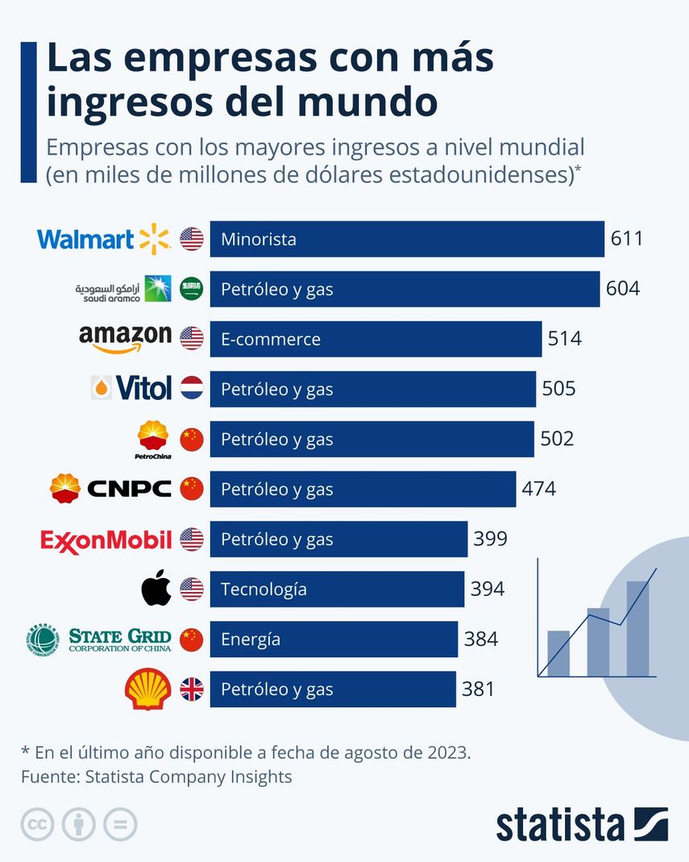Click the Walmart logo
(104, 239)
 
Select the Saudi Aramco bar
(405, 289)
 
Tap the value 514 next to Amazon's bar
(564, 339)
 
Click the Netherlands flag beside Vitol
(192, 389)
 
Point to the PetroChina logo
(153, 439)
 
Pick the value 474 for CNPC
(538, 489)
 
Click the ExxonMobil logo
(106, 539)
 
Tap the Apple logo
(156, 589)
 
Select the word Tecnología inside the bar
(264, 589)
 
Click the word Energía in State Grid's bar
(251, 639)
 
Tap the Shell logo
(148, 689)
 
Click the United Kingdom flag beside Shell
(192, 689)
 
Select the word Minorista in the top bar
(258, 239)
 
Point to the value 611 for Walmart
(626, 239)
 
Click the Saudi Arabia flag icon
(192, 289)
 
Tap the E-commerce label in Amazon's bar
(270, 339)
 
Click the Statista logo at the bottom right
(581, 824)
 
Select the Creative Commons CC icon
(36, 824)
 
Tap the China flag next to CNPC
(192, 489)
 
